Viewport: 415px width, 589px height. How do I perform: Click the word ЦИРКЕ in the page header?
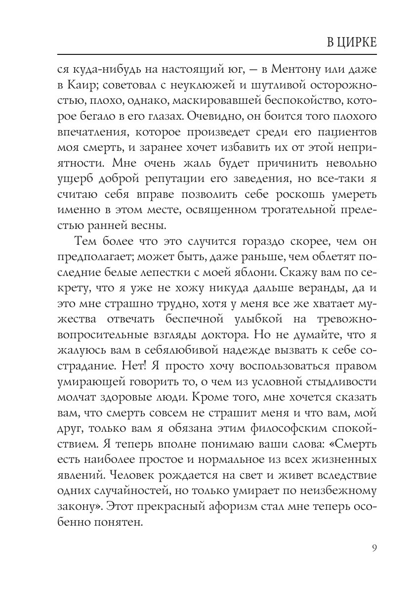[x=356, y=42]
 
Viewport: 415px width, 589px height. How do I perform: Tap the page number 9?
[x=374, y=547]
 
